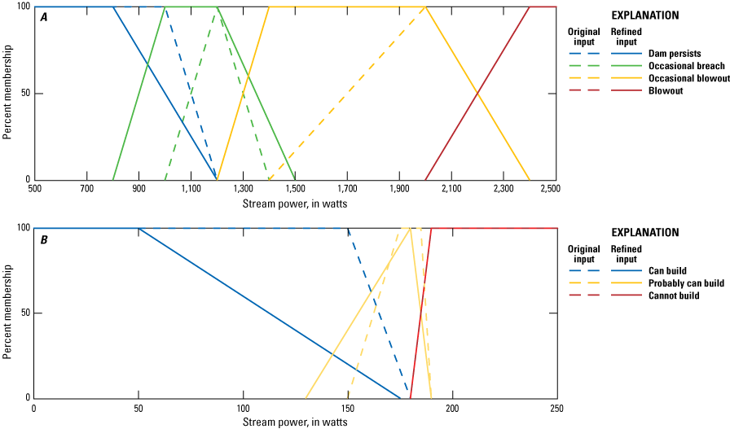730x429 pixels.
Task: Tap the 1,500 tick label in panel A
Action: pyautogui.click(x=295, y=189)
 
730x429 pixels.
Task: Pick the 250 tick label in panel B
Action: pyautogui.click(x=556, y=407)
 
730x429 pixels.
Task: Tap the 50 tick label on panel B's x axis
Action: pyautogui.click(x=139, y=407)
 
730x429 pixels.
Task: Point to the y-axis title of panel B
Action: pyautogui.click(x=7, y=313)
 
